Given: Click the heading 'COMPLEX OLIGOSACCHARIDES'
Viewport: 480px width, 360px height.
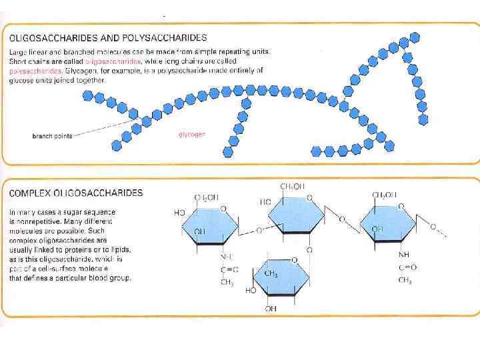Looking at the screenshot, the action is [75, 193].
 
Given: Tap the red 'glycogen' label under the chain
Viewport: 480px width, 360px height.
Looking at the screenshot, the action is [192, 134].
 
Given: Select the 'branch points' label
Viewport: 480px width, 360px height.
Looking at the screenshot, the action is [52, 136].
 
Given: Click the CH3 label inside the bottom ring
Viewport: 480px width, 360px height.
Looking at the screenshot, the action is [271, 274].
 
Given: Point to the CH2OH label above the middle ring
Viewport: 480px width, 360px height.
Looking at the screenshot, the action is [292, 187].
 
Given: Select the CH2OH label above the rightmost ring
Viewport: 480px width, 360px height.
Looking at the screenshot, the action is [385, 195].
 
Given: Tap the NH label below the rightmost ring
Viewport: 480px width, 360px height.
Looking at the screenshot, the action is [403, 255].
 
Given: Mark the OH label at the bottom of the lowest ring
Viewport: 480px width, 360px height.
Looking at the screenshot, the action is [271, 309].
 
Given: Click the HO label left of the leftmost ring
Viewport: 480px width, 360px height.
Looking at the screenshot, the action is [179, 213].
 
